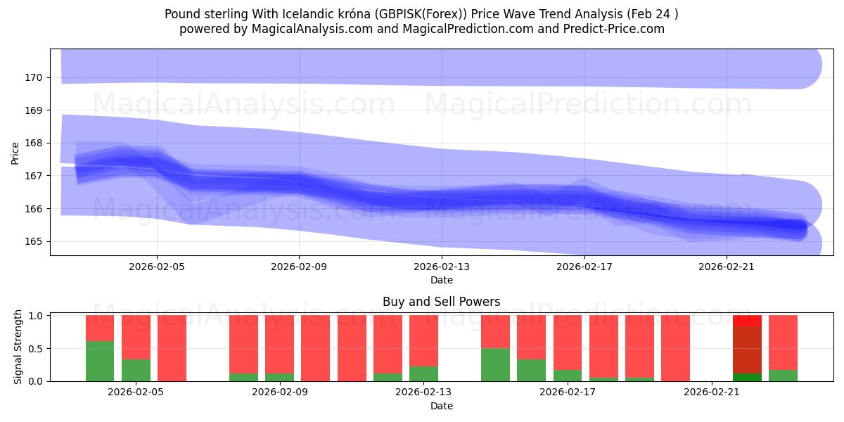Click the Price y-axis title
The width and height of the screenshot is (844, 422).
[x=15, y=153]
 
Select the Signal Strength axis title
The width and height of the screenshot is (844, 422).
[x=19, y=347]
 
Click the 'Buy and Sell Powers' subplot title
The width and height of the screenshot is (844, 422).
[x=441, y=302]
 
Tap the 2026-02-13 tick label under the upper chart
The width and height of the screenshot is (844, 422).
[x=441, y=267]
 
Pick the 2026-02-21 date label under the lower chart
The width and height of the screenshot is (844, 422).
[x=712, y=392]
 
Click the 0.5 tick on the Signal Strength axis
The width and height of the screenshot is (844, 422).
[x=35, y=348]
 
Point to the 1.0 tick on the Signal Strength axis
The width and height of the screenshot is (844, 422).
[x=35, y=316]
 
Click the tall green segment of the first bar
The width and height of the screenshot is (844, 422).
[x=100, y=361]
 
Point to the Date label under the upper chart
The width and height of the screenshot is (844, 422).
[x=441, y=280]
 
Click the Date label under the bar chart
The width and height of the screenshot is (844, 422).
[x=441, y=406]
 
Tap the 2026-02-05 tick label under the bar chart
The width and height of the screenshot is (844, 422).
[x=135, y=392]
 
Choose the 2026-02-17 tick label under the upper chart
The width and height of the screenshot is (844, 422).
[x=584, y=267]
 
